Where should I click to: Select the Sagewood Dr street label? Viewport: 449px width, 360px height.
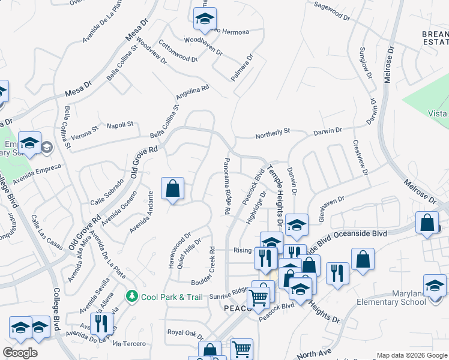click(x=331, y=13)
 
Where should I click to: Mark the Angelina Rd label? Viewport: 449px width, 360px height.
click(x=192, y=92)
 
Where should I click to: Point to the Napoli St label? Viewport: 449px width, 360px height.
click(x=119, y=125)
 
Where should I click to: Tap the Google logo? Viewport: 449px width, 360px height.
click(x=20, y=353)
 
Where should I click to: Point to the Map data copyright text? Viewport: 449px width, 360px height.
click(x=411, y=355)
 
